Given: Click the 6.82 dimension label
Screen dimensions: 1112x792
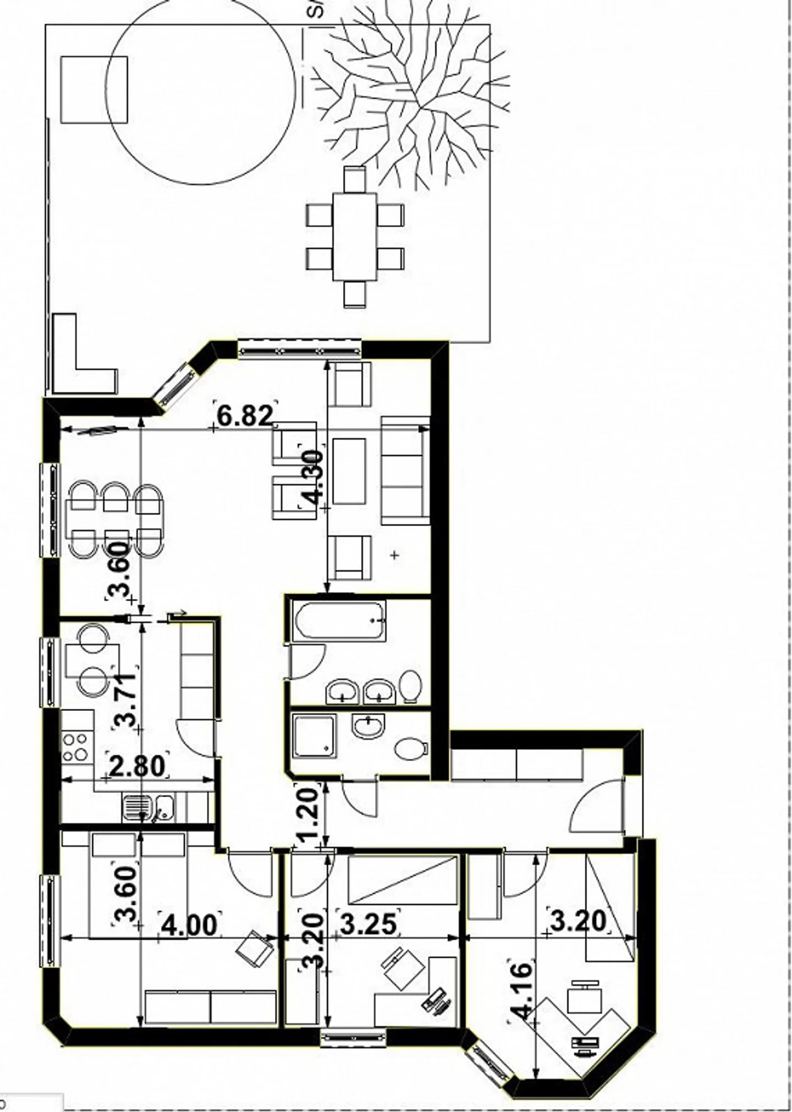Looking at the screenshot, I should [245, 415].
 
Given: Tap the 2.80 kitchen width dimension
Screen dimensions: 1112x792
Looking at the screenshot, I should [137, 766].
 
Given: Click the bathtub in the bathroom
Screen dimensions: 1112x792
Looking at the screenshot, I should [339, 621].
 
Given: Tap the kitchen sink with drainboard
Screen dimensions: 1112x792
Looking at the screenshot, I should [147, 808].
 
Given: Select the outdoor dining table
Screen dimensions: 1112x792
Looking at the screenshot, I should [355, 237].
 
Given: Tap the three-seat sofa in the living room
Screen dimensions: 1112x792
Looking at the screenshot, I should [405, 470].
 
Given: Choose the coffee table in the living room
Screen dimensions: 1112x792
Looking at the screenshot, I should [349, 471].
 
